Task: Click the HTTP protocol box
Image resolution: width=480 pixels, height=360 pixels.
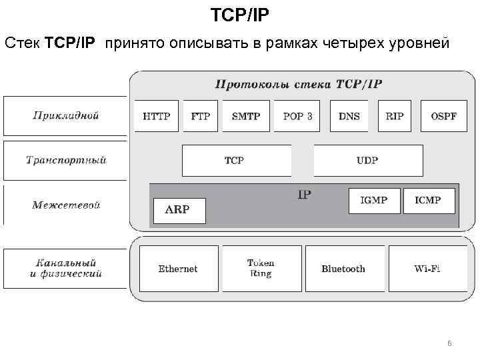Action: [157, 116]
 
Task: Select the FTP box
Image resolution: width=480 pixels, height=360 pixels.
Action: [201, 116]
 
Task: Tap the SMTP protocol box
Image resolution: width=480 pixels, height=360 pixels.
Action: [246, 116]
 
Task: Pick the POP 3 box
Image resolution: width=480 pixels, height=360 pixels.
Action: [297, 116]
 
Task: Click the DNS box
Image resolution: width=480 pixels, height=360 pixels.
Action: [349, 116]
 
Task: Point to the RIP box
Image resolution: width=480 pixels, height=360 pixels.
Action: [394, 116]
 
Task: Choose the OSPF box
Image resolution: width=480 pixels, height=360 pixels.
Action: [443, 116]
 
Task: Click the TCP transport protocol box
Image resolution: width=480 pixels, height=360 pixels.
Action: [236, 161]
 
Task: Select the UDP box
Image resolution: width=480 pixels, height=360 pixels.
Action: [368, 161]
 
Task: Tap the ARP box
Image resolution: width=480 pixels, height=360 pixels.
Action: [179, 210]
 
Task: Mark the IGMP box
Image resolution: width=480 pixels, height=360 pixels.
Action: [373, 201]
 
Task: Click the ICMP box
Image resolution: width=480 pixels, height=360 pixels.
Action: [429, 201]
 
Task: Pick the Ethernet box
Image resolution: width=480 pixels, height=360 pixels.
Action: [178, 269]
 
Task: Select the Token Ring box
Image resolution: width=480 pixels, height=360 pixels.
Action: [261, 269]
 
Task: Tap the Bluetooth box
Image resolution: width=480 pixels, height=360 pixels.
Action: [343, 269]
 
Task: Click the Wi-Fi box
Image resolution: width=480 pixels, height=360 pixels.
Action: [427, 269]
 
